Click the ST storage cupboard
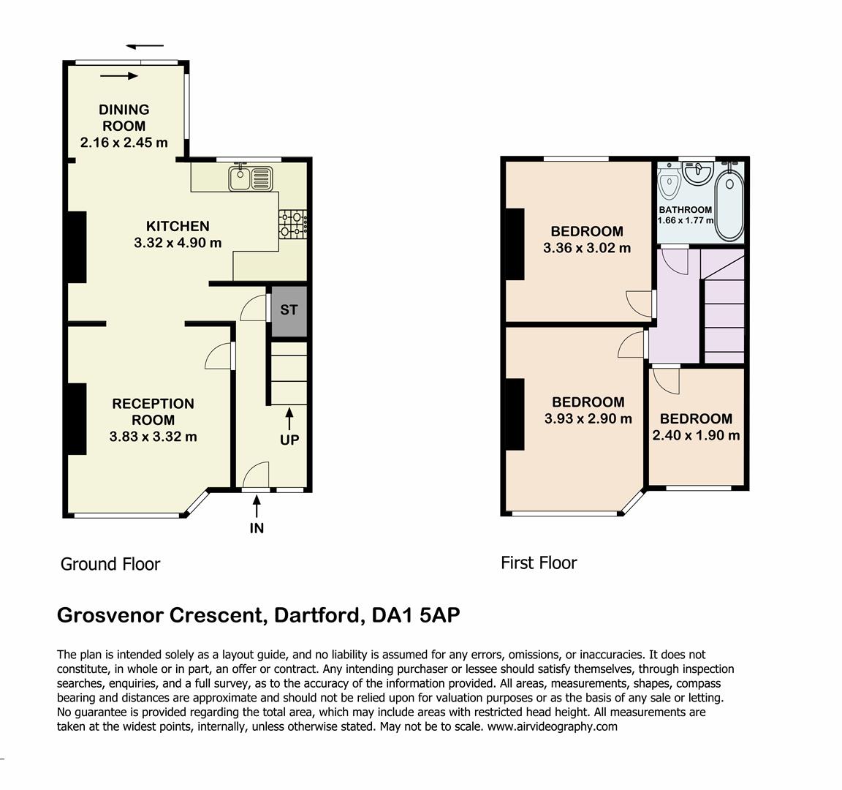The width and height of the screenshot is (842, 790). pyautogui.click(x=289, y=311)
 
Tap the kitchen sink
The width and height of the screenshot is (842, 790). pyautogui.click(x=251, y=178)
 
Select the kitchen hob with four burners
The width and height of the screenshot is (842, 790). pyautogui.click(x=293, y=224)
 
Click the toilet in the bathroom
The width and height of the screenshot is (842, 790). pyautogui.click(x=669, y=181)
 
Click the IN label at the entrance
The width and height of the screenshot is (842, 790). pyautogui.click(x=257, y=528)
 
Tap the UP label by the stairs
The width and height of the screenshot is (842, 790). pyautogui.click(x=289, y=440)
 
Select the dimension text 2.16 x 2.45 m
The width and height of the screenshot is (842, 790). pyautogui.click(x=124, y=143)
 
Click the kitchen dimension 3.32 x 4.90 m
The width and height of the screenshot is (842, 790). pyautogui.click(x=178, y=243)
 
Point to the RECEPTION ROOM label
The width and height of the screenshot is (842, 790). pyautogui.click(x=153, y=412)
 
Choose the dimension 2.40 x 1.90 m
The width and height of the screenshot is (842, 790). pyautogui.click(x=696, y=435)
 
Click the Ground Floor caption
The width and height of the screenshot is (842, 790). pyautogui.click(x=110, y=564)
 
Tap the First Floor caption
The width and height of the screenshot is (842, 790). pyautogui.click(x=539, y=563)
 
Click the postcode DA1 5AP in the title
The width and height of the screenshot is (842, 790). pyautogui.click(x=416, y=614)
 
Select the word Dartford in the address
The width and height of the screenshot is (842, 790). pyautogui.click(x=316, y=614)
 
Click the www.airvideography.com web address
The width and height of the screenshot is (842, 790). pyautogui.click(x=553, y=726)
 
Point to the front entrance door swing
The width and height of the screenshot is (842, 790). pyautogui.click(x=256, y=475)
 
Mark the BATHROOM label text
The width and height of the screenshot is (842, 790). pyautogui.click(x=685, y=210)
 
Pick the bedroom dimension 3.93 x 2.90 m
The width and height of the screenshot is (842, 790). pyautogui.click(x=588, y=418)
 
